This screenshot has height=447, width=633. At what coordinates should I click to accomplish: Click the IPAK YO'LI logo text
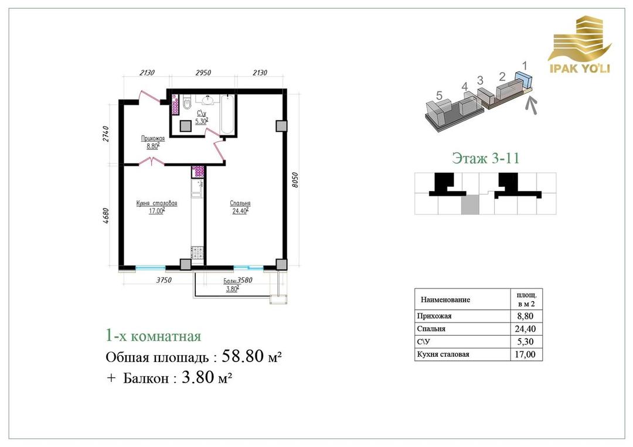coord(580,68)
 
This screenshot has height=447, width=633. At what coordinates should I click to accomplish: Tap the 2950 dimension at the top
coord(203,73)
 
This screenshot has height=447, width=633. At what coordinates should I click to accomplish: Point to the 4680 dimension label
coord(105,216)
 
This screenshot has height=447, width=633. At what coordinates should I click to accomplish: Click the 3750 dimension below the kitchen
coord(164,280)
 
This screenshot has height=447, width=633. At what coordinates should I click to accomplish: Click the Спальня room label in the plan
coord(240,203)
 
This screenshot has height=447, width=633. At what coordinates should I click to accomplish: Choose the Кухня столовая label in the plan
coord(156,203)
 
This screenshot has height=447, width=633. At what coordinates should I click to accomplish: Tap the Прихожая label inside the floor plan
coord(152,138)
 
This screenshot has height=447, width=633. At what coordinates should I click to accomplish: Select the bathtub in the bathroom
coord(227,114)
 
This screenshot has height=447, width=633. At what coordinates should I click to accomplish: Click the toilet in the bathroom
coord(186,103)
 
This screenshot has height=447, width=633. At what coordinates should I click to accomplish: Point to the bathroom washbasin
coord(208,99)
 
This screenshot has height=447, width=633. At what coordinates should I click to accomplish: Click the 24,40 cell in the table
coord(525,329)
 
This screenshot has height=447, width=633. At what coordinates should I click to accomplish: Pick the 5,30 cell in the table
coord(525,342)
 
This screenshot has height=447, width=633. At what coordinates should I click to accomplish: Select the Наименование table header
coord(445,300)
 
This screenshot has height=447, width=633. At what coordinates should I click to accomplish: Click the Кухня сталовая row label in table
coord(443,354)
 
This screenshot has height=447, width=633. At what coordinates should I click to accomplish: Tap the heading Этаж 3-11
coord(485,158)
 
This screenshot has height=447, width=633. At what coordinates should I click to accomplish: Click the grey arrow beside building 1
coord(532,105)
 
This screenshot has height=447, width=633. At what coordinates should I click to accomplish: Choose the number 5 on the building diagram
coord(439,95)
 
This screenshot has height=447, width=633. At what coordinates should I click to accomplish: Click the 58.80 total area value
coord(243,356)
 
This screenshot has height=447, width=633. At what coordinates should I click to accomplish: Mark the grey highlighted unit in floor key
coord(470,206)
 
